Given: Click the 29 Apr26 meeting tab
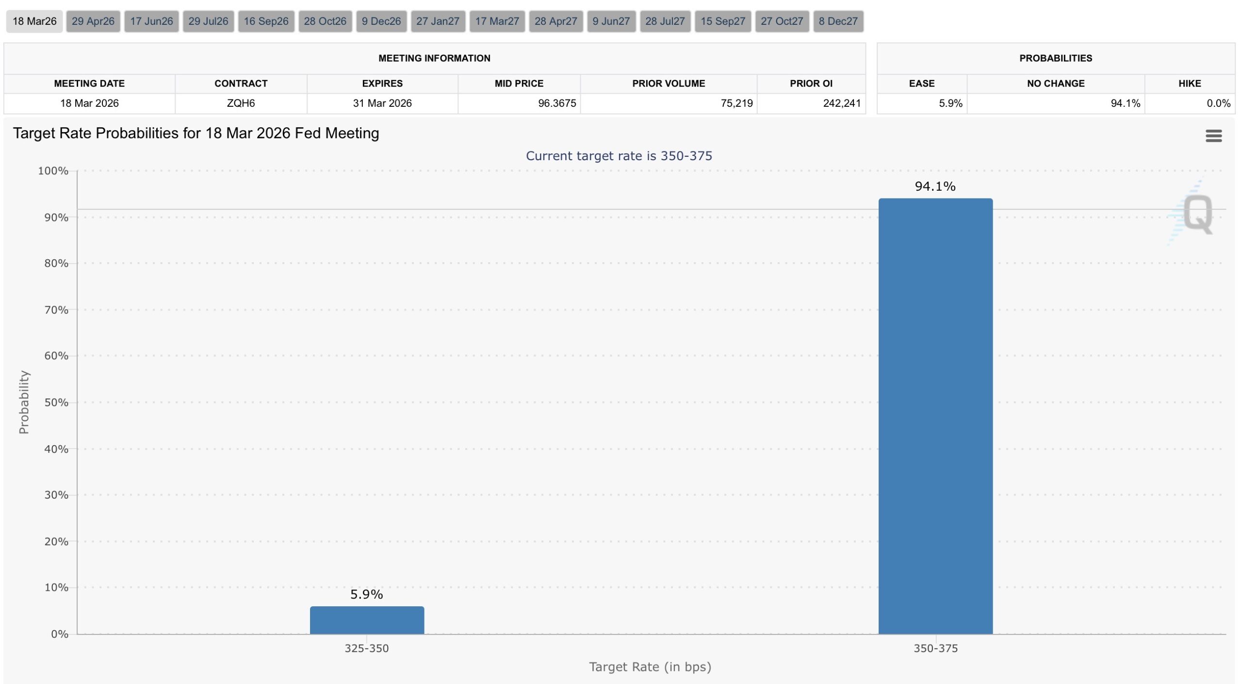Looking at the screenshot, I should tap(93, 21).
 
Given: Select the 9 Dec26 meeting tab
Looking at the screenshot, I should tap(381, 21).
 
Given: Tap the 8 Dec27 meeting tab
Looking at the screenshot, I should tap(838, 21).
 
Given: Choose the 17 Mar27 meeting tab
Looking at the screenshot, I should tap(497, 21).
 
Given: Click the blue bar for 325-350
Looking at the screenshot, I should tap(367, 620).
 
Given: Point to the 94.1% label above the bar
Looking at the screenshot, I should tap(935, 186).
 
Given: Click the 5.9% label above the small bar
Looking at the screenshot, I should tap(367, 594).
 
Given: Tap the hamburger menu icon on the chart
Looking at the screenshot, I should tap(1213, 136).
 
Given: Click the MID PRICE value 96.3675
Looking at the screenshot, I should tap(557, 103).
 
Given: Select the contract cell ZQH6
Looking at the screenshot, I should tap(241, 103).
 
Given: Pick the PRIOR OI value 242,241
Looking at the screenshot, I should tap(842, 103).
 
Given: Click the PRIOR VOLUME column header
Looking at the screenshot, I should tap(668, 83).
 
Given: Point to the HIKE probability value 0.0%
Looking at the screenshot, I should tap(1218, 103).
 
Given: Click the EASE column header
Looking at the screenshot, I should tap(921, 83).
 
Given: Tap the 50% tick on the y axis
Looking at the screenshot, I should tap(56, 402).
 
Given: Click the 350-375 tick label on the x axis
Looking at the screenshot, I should tap(935, 649).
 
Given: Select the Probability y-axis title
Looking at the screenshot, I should tap(24, 402).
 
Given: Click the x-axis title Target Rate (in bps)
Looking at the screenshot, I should tap(650, 667).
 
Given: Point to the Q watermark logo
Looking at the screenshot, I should tap(1197, 214).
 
